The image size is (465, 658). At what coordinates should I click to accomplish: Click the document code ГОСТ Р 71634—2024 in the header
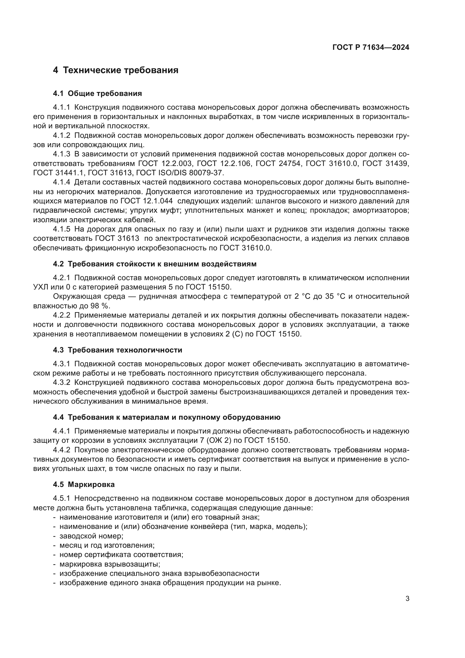point(371,48)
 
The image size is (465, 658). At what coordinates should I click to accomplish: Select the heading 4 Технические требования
point(116,70)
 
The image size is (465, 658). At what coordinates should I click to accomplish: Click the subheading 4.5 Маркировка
point(83,485)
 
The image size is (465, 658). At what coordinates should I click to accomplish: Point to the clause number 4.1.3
point(61,154)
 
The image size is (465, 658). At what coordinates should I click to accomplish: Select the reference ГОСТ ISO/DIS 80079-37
point(180,173)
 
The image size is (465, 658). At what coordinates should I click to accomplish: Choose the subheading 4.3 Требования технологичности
point(118,350)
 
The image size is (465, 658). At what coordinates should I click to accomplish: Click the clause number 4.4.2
point(61,450)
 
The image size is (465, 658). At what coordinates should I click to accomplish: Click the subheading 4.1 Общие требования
point(97,94)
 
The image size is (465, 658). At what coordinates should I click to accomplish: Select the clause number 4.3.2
point(61,383)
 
